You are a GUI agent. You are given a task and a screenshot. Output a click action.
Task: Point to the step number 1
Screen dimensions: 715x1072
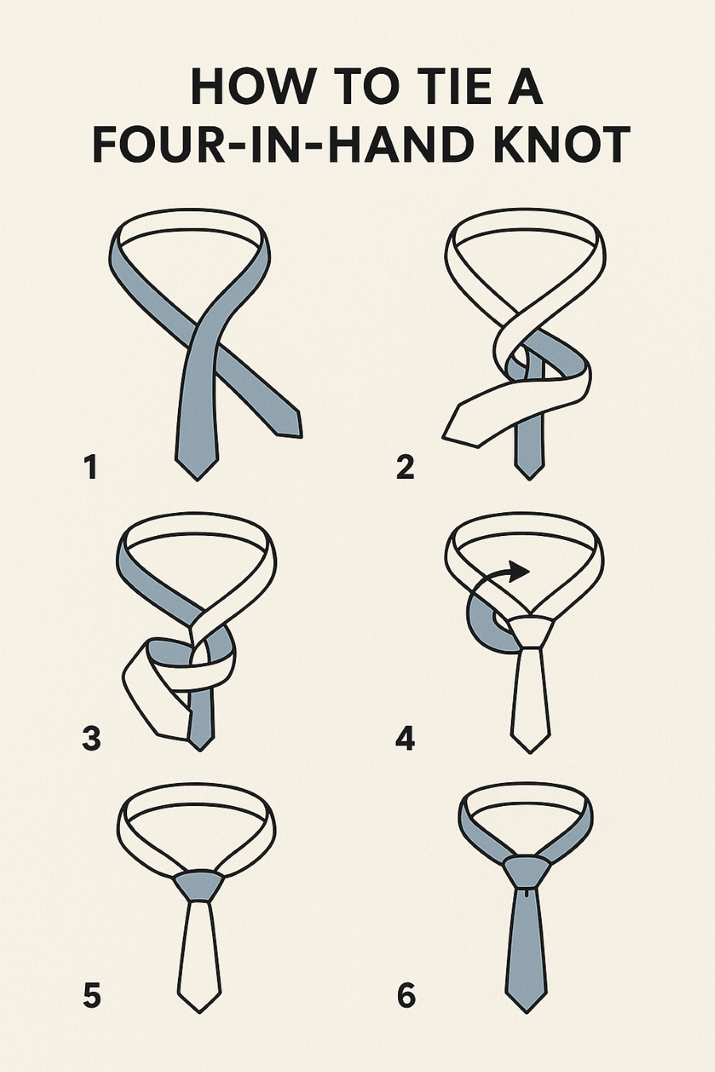tap(91, 467)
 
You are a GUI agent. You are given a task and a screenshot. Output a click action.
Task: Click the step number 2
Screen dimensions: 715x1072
tap(405, 467)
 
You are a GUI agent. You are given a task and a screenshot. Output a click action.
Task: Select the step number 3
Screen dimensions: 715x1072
tap(91, 738)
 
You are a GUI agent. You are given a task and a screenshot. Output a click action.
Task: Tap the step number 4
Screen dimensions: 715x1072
tap(405, 738)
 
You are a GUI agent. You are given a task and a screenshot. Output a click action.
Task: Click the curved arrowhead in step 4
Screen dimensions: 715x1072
tap(518, 571)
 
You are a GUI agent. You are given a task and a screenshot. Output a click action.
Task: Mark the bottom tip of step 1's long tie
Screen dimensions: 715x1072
tap(197, 480)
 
